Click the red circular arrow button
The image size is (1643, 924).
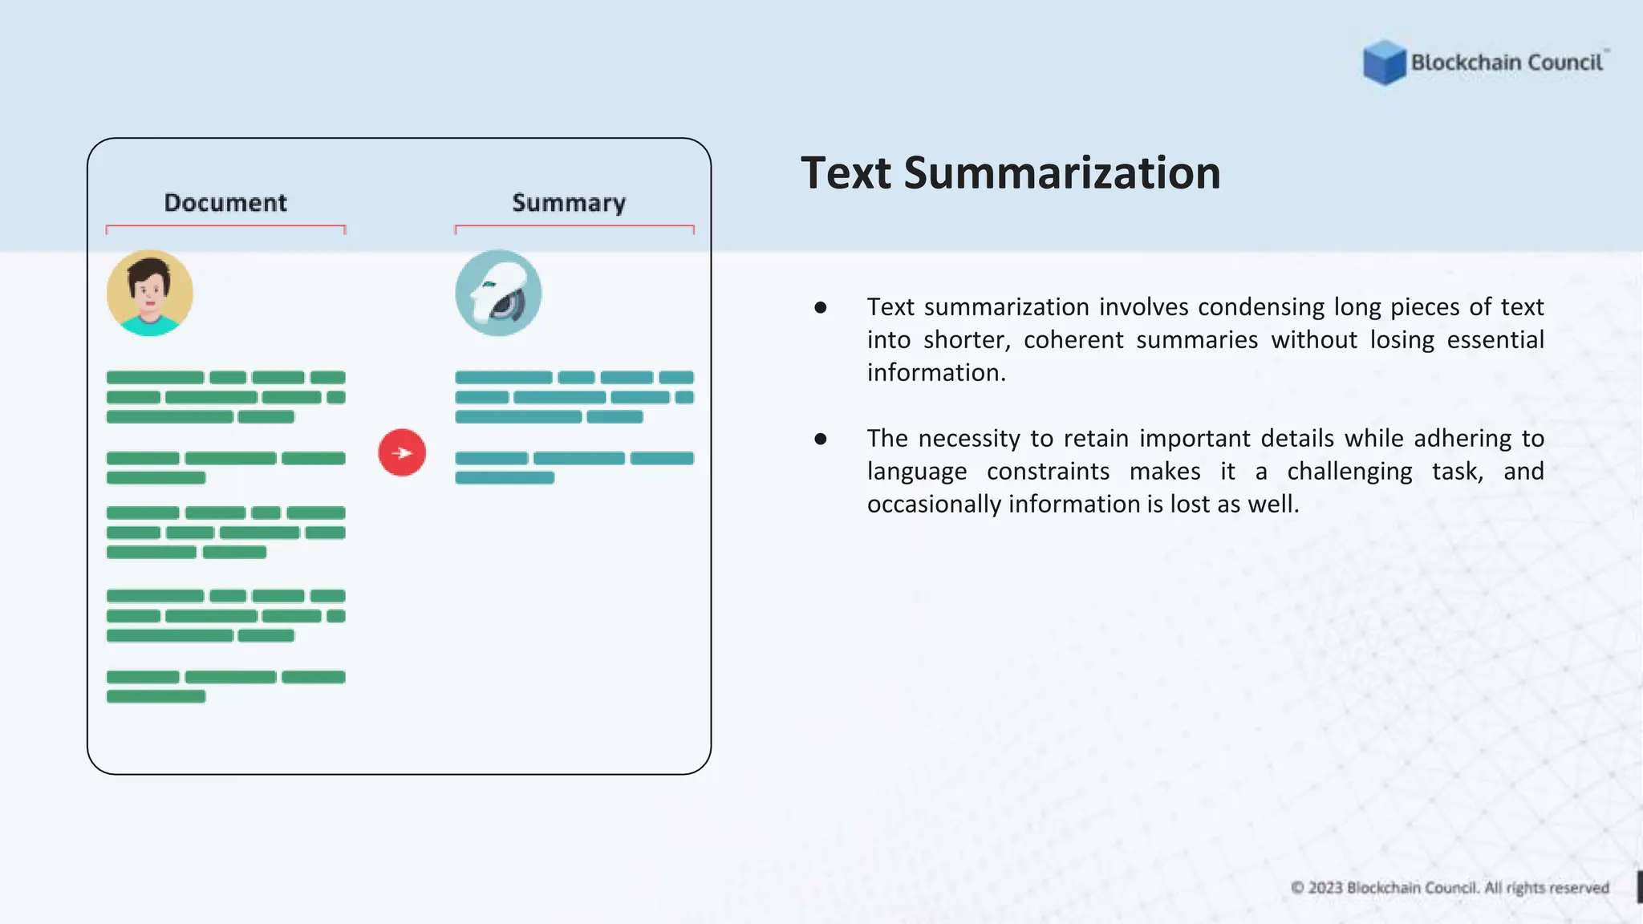point(402,452)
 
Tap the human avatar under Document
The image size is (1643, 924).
point(150,293)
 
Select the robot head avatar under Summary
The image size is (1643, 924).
point(498,293)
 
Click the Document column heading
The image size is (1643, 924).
point(225,203)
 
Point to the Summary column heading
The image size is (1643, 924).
point(569,203)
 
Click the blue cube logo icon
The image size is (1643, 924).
point(1384,63)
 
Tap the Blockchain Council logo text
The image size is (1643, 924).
point(1507,63)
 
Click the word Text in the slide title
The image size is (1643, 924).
point(846,173)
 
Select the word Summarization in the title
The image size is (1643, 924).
point(1062,173)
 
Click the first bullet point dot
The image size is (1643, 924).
point(820,307)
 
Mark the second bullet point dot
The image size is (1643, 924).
point(820,439)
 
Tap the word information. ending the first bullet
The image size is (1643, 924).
point(936,373)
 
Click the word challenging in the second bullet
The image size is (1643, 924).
point(1349,472)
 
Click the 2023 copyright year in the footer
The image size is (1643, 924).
point(1325,888)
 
